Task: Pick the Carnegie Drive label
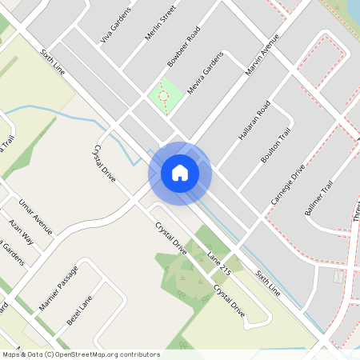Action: pos(288,184)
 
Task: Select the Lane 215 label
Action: pos(218,263)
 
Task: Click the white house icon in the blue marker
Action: pos(180,172)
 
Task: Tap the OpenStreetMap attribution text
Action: pos(80,354)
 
